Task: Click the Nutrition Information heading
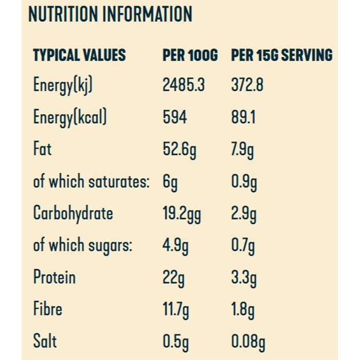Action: click(110, 14)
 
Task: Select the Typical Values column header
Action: click(79, 55)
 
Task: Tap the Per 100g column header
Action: click(190, 55)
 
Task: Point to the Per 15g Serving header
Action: click(282, 55)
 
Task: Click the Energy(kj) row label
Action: click(63, 85)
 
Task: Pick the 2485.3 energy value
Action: click(184, 85)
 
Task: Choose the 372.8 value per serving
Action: click(247, 85)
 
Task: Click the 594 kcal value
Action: click(175, 117)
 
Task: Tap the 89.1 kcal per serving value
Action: click(243, 117)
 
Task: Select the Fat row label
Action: click(42, 149)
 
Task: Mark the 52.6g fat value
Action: click(179, 150)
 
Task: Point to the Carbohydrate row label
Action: click(73, 213)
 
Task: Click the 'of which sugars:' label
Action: click(83, 245)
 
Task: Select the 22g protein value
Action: click(174, 278)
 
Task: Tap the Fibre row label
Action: click(48, 309)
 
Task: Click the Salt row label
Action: click(45, 341)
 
